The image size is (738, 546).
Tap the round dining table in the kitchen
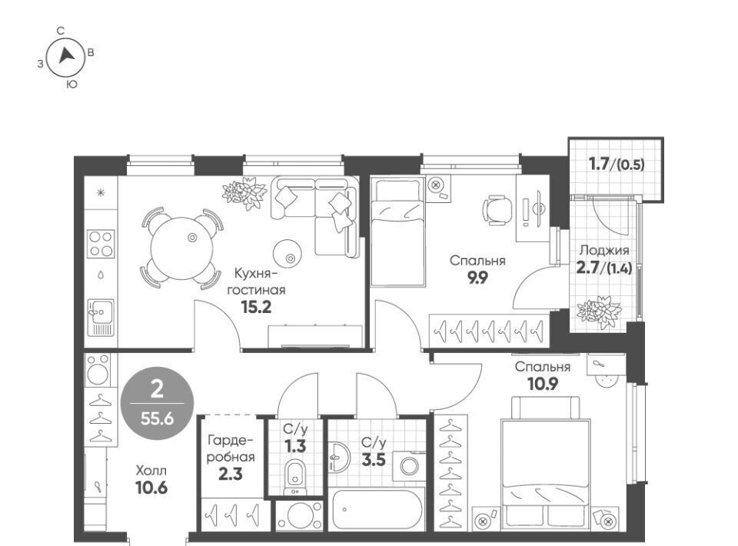tap(181, 248)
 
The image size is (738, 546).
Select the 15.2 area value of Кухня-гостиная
tap(256, 308)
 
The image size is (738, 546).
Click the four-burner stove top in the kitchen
tap(101, 244)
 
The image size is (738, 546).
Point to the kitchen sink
tap(101, 311)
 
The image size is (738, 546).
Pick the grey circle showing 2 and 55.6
tap(157, 404)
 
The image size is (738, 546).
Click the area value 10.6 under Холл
tap(151, 488)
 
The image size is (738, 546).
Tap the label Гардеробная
tap(231, 448)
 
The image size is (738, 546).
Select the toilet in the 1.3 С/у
tap(295, 476)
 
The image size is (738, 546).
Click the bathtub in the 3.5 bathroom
tap(377, 510)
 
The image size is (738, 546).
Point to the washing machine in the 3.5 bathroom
tap(409, 466)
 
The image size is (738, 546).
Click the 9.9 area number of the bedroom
tap(477, 278)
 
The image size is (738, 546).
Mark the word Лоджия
tap(604, 251)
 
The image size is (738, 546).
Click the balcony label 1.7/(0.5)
tap(617, 165)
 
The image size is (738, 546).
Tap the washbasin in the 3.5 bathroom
tap(338, 457)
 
